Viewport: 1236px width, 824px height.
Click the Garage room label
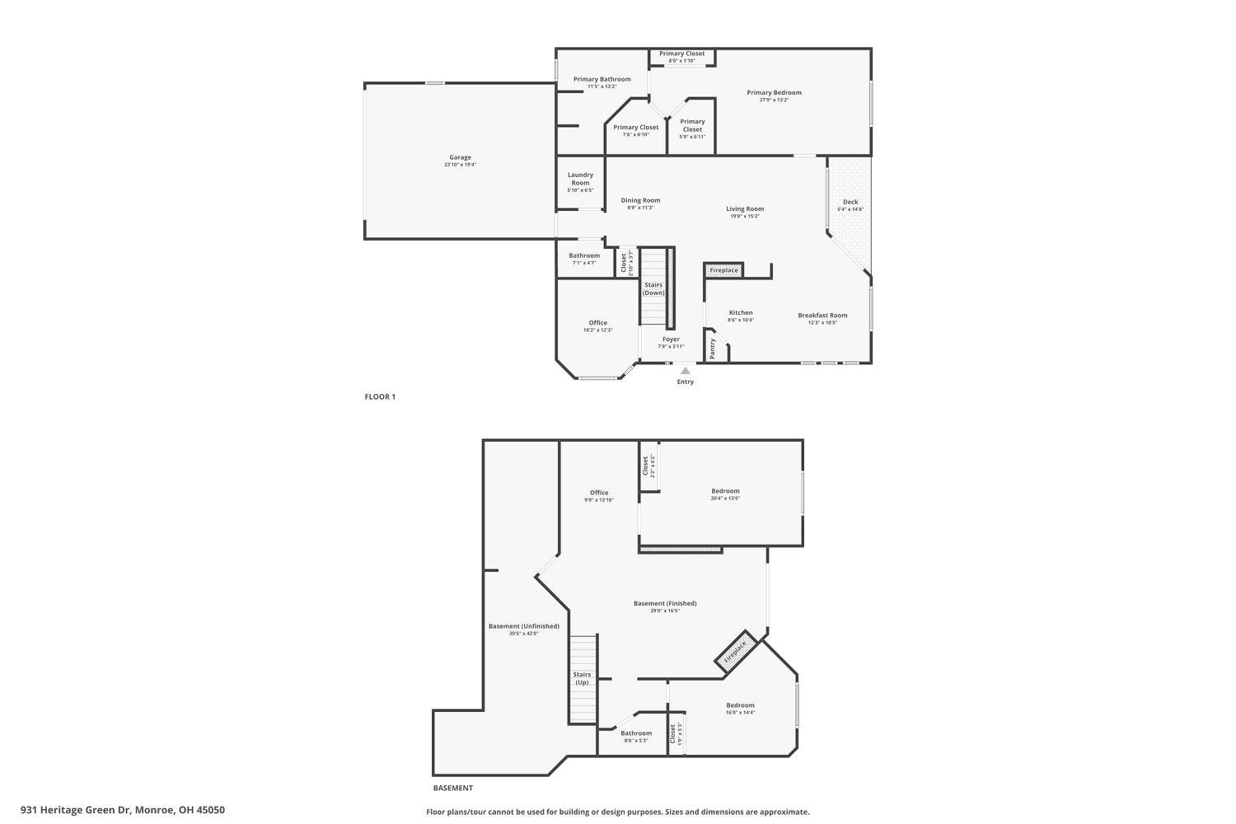click(x=460, y=157)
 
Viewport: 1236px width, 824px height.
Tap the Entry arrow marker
click(x=685, y=372)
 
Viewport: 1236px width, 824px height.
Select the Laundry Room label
click(x=580, y=178)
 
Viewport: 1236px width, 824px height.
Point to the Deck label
click(x=850, y=202)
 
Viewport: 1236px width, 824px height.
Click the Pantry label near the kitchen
click(x=713, y=349)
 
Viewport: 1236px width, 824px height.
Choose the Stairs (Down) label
click(x=653, y=288)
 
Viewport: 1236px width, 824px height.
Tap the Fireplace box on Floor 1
click(x=724, y=270)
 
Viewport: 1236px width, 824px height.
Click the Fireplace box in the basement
click(x=735, y=651)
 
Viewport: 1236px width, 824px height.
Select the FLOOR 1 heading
click(x=380, y=397)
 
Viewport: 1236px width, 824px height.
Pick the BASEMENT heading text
click(x=453, y=789)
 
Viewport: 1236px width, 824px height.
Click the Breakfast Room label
click(x=822, y=316)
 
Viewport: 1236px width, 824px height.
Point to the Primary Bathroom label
click(x=602, y=79)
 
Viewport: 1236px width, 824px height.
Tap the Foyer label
click(x=671, y=339)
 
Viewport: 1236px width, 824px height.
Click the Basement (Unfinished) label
click(x=523, y=626)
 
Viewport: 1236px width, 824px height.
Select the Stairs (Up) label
click(x=582, y=678)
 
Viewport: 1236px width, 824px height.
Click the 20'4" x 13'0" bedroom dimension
click(x=726, y=499)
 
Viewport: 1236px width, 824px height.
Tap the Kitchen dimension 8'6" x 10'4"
click(x=741, y=320)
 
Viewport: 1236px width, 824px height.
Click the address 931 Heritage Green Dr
click(x=123, y=810)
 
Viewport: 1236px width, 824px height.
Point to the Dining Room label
click(x=640, y=200)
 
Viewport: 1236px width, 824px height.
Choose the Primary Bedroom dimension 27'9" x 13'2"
click(x=774, y=100)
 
